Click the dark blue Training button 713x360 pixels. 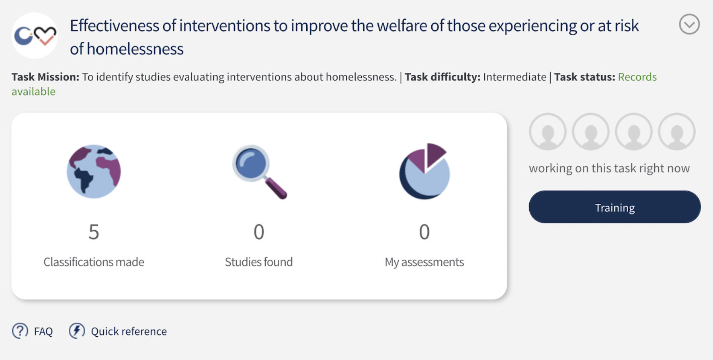click(x=615, y=207)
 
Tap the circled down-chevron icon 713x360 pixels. click(x=689, y=25)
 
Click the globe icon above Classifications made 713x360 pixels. click(x=94, y=172)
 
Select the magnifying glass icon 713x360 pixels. click(x=260, y=172)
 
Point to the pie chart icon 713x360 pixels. click(x=424, y=171)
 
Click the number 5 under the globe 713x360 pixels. click(x=94, y=232)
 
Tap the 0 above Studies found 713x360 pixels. click(x=259, y=232)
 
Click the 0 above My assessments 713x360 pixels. click(x=424, y=232)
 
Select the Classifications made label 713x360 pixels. click(x=94, y=262)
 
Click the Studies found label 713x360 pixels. click(x=259, y=262)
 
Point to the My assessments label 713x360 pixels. click(x=424, y=262)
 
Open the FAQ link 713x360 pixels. click(x=43, y=331)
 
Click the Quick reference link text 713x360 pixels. click(x=129, y=331)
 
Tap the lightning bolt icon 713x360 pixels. click(x=77, y=331)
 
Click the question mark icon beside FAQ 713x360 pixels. click(x=20, y=331)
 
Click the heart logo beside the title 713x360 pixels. click(x=45, y=35)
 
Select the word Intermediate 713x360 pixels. click(x=515, y=77)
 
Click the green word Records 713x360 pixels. click(x=637, y=77)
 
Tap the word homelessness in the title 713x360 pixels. click(x=135, y=49)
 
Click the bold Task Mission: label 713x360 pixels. click(x=45, y=77)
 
